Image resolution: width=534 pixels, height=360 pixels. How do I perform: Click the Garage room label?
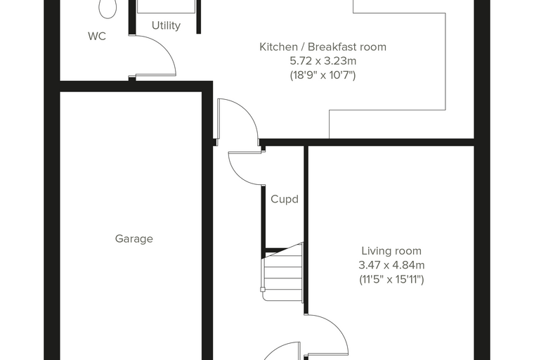[x=133, y=238]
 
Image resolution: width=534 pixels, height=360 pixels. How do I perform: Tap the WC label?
[x=97, y=36]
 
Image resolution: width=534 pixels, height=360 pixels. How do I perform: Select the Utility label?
[x=166, y=25]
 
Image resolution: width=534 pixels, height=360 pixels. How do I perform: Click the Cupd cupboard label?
[x=285, y=199]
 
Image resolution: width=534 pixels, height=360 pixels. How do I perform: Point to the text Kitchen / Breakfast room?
[x=323, y=46]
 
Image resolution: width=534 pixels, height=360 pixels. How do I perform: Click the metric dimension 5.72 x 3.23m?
[x=323, y=61]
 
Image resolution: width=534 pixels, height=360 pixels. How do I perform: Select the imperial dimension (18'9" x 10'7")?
[x=323, y=75]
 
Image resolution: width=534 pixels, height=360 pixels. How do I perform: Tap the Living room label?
[x=391, y=251]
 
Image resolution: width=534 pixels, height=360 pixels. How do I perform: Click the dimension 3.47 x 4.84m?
[x=391, y=265]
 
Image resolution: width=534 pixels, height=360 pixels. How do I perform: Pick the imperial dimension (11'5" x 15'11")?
[x=391, y=280]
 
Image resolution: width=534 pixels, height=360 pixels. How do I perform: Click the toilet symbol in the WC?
[x=108, y=8]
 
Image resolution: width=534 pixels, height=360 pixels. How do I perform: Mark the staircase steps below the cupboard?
[x=282, y=273]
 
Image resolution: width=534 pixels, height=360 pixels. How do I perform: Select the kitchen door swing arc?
[x=246, y=109]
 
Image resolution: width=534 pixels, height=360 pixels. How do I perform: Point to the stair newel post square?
[x=263, y=290]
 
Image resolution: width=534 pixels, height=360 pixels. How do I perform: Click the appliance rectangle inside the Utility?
[x=167, y=7]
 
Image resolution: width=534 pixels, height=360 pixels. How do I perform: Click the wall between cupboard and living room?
[x=306, y=230]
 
